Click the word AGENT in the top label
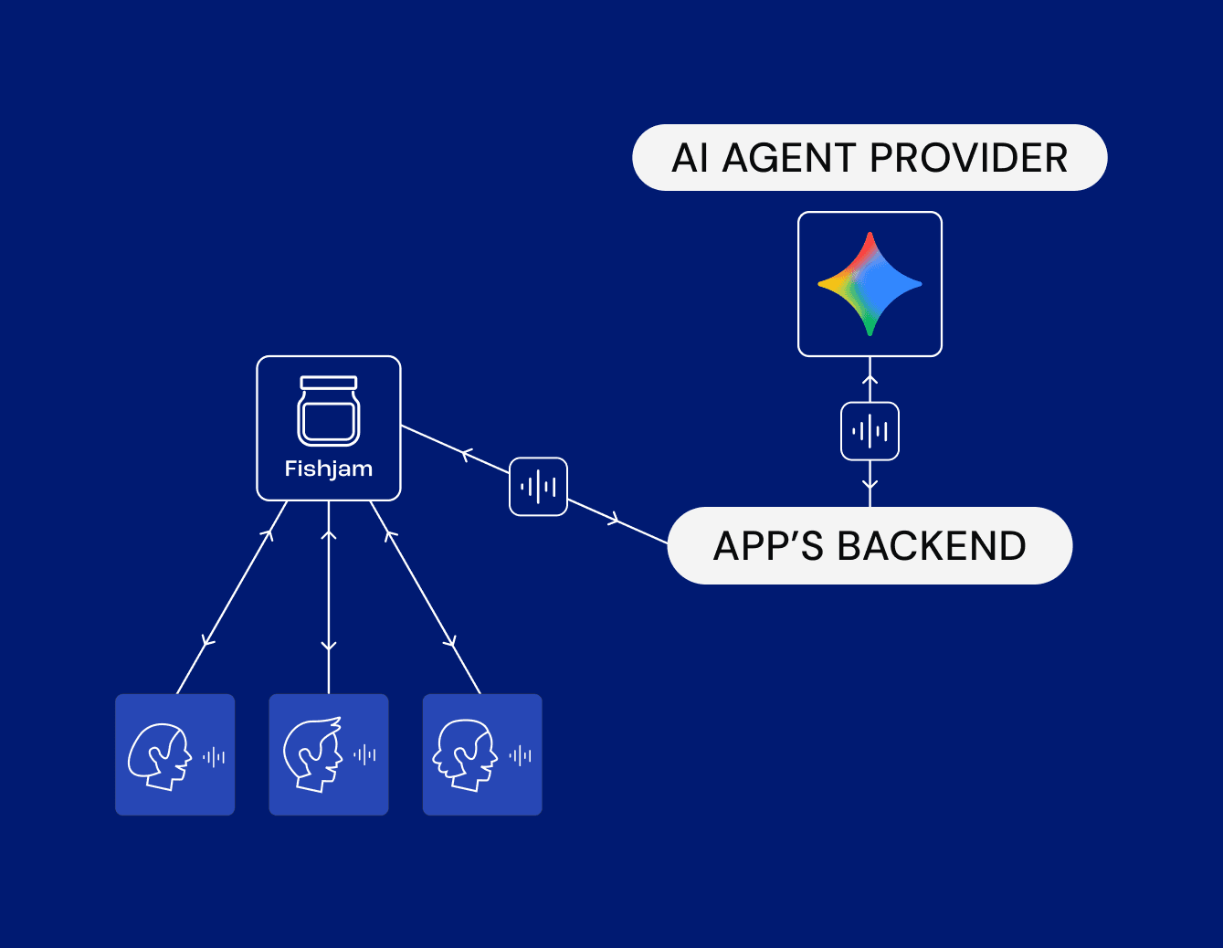(788, 158)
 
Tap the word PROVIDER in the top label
(969, 158)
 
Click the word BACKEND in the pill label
(932, 546)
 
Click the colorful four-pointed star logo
(870, 284)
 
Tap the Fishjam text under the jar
(329, 469)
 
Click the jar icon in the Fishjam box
(329, 411)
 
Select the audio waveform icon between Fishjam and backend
(538, 487)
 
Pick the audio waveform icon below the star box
(870, 431)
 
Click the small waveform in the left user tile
(214, 756)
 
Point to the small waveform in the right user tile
(521, 755)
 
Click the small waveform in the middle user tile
(365, 754)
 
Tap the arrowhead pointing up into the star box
(870, 379)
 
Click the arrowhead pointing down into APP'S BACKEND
(870, 486)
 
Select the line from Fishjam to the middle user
(329, 594)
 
